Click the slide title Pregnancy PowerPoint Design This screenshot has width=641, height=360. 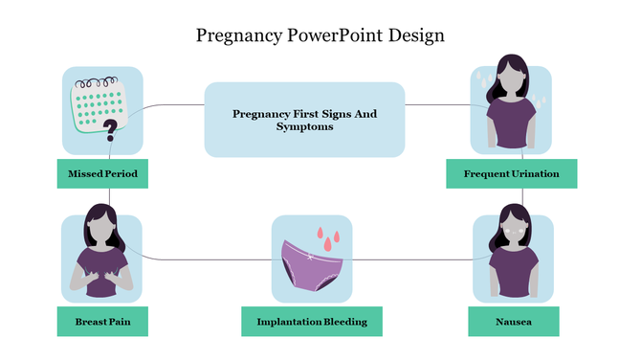pyautogui.click(x=320, y=35)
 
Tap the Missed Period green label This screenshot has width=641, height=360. pyautogui.click(x=102, y=174)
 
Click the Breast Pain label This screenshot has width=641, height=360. pyautogui.click(x=102, y=322)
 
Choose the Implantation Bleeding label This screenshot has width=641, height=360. pyautogui.click(x=312, y=322)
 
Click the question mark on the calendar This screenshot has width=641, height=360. pyautogui.click(x=111, y=127)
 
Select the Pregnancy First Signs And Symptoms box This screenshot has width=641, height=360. pyautogui.click(x=304, y=119)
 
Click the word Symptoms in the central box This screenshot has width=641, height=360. pyautogui.click(x=304, y=126)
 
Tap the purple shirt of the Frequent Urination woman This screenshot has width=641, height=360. pyautogui.click(x=513, y=122)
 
